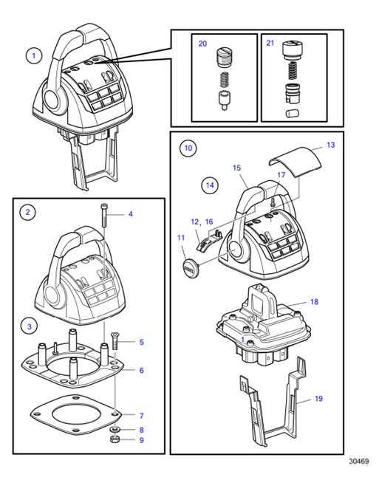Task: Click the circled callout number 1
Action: [33, 55]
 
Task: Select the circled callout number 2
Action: [28, 213]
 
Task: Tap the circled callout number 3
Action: [28, 326]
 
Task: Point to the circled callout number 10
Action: [188, 148]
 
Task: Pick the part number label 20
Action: [202, 44]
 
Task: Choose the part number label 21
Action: [270, 44]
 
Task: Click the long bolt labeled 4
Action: [106, 216]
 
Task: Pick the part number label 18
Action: [314, 302]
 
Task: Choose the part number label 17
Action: [281, 175]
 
